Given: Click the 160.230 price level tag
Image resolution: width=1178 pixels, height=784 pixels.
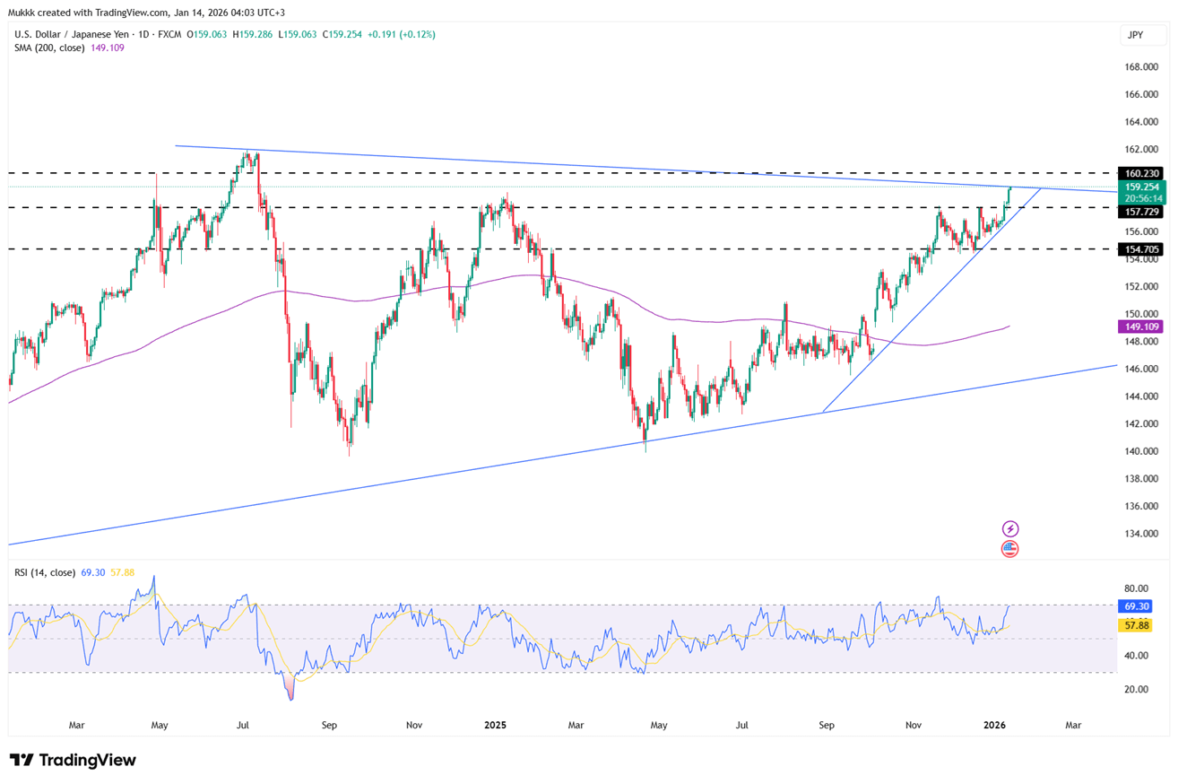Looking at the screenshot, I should (1140, 173).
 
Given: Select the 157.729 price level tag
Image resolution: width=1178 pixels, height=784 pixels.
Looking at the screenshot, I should (1140, 211).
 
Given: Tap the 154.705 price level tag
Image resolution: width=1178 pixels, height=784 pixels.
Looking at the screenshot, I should (1140, 249).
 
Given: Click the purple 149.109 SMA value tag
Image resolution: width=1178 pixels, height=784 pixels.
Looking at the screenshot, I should (1140, 327).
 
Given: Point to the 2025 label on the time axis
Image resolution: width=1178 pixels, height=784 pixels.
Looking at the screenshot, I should (496, 724).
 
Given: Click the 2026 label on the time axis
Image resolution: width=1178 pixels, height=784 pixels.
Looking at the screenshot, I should (994, 724).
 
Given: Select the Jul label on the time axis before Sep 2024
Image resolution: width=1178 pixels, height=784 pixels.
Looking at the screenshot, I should (243, 724).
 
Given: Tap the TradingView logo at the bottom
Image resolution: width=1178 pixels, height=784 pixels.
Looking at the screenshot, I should (74, 761).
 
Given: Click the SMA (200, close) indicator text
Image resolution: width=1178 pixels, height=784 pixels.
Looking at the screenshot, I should (50, 48).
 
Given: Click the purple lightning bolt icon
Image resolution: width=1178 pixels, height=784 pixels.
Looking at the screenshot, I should (1010, 529).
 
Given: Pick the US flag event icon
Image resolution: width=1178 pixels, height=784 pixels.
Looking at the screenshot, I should (1010, 548).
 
